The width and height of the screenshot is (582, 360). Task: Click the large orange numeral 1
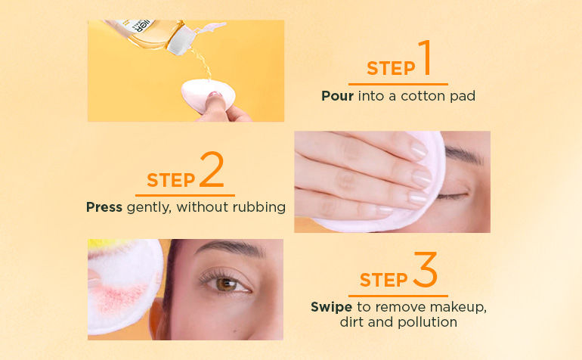[425, 57]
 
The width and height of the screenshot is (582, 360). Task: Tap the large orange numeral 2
[212, 169]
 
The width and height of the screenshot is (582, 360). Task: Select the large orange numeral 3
[426, 269]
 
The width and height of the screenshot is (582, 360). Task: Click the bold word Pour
[337, 96]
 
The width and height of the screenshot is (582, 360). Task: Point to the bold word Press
[104, 207]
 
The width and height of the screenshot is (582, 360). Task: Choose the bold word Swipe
[332, 307]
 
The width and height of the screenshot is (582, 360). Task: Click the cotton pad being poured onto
[208, 95]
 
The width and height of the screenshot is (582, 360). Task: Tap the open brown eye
[225, 284]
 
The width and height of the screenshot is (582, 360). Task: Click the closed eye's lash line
[452, 196]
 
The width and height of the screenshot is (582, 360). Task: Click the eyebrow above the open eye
[229, 247]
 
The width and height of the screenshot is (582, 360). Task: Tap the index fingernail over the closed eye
[419, 149]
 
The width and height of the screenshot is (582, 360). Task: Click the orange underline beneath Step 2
[185, 195]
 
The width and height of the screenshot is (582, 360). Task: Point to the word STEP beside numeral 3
[383, 280]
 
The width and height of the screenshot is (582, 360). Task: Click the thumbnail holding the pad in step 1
[214, 95]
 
